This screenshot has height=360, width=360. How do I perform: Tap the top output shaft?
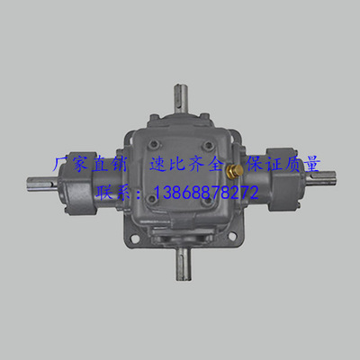click(181, 98)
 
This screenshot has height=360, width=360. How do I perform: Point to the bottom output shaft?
click(184, 265)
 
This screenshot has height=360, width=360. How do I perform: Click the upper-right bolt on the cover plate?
click(207, 147)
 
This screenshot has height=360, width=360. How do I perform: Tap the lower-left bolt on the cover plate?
click(153, 198)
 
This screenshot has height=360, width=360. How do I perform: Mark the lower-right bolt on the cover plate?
click(206, 201)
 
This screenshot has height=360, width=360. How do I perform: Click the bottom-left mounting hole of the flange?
click(133, 239)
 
